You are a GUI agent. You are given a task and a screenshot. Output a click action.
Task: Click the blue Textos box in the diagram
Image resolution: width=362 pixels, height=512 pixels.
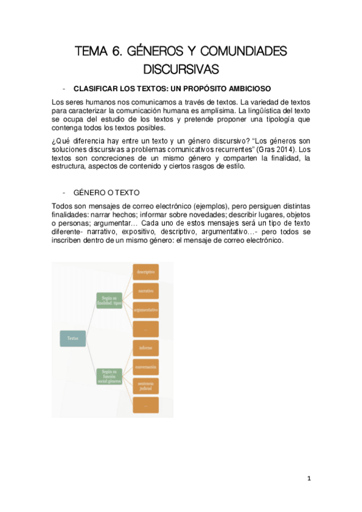73,339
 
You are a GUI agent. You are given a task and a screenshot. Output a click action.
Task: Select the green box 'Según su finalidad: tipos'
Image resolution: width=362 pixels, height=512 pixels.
109,300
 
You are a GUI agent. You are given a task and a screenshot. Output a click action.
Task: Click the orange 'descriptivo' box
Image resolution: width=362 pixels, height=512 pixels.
146,272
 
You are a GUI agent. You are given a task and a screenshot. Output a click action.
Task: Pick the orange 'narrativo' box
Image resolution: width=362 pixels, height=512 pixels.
146,291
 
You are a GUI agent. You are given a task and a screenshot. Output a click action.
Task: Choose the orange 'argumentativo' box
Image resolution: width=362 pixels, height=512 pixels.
146,310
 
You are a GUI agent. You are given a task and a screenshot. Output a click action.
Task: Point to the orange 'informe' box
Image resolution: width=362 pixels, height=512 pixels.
146,349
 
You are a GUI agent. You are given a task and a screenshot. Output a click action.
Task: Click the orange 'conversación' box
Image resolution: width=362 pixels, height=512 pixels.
146,366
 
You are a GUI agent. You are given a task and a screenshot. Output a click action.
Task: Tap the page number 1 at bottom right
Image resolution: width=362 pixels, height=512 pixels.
309,479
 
